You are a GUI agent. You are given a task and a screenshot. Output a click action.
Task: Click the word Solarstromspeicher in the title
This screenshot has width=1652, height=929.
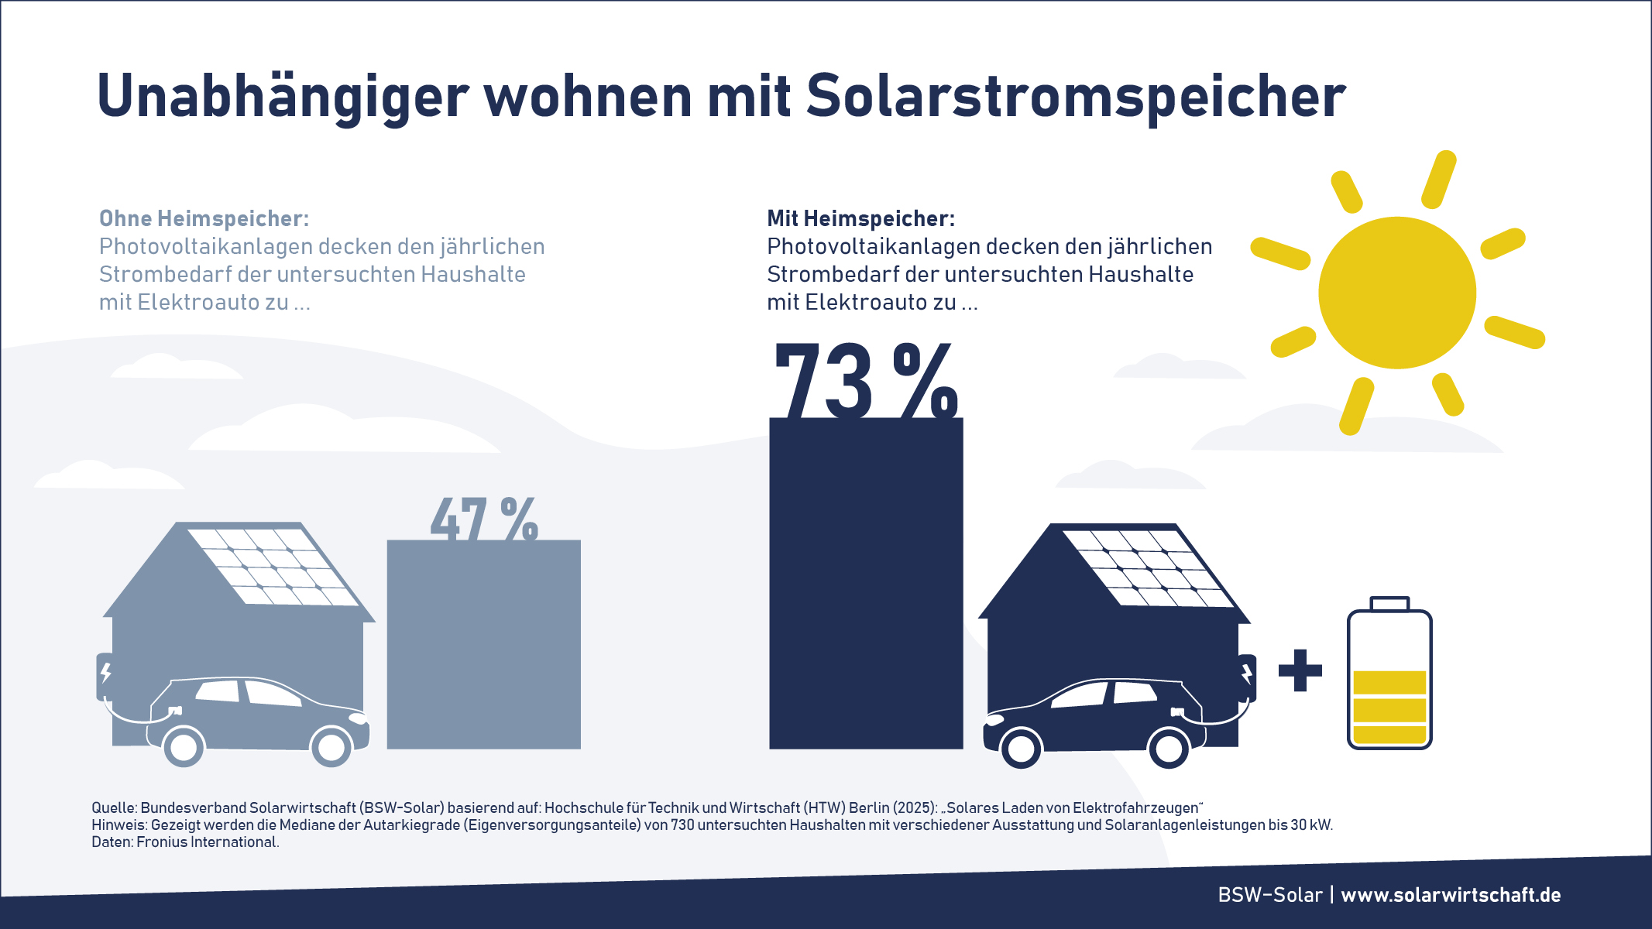(x=1076, y=96)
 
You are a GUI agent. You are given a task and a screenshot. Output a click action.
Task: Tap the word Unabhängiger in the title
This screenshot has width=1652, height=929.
(x=283, y=98)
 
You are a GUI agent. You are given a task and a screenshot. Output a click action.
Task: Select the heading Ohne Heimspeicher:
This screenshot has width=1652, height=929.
(x=204, y=218)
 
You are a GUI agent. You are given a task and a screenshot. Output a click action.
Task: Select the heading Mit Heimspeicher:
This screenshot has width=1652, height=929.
(x=860, y=218)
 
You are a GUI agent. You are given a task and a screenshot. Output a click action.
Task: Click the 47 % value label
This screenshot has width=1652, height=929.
(x=484, y=519)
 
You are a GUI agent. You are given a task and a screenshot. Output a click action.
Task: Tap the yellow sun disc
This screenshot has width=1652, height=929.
(x=1396, y=293)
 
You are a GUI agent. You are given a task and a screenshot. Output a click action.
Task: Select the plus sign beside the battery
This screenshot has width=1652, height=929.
(x=1300, y=670)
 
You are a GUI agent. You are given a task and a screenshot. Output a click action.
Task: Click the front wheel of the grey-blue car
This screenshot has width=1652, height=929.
(x=331, y=747)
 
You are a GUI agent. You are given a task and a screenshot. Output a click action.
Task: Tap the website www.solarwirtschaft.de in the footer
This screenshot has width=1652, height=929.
(x=1451, y=895)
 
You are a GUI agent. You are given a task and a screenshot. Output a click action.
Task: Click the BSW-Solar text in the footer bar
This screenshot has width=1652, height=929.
(x=1269, y=895)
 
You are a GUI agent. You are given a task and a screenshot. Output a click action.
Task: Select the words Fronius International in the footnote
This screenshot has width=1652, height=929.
(x=207, y=842)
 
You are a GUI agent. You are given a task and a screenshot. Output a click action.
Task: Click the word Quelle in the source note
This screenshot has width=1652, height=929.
(x=113, y=808)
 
